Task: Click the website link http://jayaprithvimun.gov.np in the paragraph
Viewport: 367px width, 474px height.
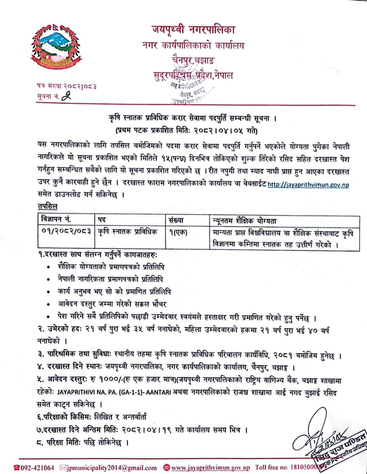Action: (x=308, y=185)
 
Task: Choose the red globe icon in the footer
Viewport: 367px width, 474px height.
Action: (x=166, y=467)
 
